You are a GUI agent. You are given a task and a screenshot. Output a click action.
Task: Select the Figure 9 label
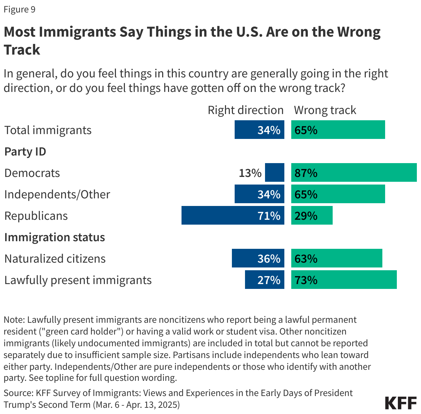click(x=20, y=9)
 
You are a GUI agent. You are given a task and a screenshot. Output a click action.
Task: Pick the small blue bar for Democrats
click(x=275, y=173)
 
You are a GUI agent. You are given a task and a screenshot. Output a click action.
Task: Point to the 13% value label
click(x=250, y=173)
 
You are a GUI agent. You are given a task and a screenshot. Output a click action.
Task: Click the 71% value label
click(x=269, y=216)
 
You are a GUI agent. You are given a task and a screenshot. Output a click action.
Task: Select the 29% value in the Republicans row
click(x=306, y=216)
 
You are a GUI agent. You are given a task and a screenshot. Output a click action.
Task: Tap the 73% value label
click(x=306, y=280)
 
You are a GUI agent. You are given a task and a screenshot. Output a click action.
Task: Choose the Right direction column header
click(x=245, y=110)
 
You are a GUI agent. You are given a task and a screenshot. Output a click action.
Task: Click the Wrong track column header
click(x=325, y=110)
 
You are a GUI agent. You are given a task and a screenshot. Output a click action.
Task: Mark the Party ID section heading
click(x=25, y=151)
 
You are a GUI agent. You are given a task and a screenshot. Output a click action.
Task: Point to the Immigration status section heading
click(x=55, y=237)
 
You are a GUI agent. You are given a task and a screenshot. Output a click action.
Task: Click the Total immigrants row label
click(x=48, y=130)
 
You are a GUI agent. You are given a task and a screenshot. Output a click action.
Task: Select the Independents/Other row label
click(x=57, y=194)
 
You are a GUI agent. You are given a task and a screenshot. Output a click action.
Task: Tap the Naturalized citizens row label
click(x=55, y=258)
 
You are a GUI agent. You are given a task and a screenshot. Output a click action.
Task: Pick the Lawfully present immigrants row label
click(x=78, y=280)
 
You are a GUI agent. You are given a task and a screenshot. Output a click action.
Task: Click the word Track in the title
click(x=22, y=50)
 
